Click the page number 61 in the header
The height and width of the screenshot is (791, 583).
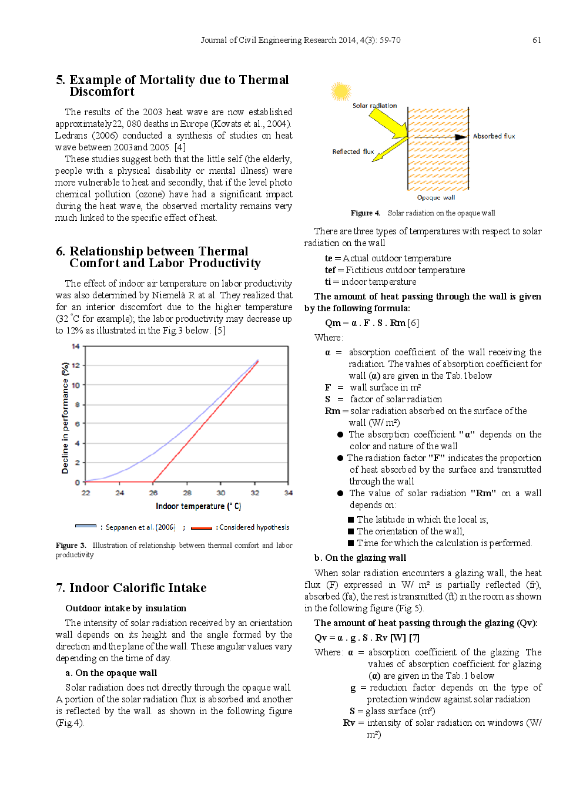pos(537,40)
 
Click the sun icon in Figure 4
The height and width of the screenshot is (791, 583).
pos(341,92)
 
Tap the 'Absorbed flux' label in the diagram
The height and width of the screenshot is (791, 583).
pos(494,136)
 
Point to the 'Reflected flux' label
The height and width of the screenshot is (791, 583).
pos(353,152)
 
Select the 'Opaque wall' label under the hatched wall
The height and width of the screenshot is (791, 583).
pos(435,197)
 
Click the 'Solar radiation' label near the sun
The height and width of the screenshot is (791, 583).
pos(374,106)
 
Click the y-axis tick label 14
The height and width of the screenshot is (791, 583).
pos(76,346)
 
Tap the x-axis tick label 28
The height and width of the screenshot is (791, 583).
pos(187,493)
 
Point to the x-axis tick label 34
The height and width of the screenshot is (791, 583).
pos(288,493)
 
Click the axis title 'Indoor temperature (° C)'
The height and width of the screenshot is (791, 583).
pos(198,506)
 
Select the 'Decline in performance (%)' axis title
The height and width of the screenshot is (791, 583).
pos(65,418)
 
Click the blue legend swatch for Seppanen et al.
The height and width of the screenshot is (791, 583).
pos(86,527)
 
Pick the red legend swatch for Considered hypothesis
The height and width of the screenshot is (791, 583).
pos(201,527)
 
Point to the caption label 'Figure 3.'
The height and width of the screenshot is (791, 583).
pos(71,546)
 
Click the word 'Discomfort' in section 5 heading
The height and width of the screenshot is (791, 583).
pos(102,92)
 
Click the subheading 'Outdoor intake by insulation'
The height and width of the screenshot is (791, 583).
pos(126,608)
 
